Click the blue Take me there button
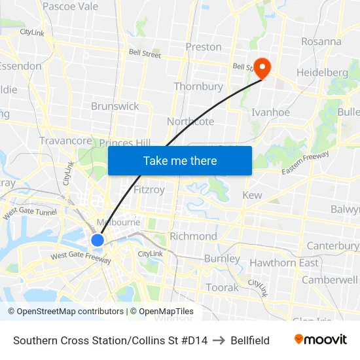click(180, 160)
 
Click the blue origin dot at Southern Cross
click(98, 240)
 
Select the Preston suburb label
click(204, 47)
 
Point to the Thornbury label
click(198, 86)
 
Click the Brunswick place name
click(115, 106)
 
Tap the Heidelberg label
click(322, 72)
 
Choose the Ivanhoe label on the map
click(270, 113)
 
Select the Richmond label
click(193, 236)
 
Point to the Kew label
click(252, 195)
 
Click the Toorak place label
click(223, 287)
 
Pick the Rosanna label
click(321, 41)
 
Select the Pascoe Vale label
click(70, 7)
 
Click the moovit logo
click(321, 340)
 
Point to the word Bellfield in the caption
click(250, 340)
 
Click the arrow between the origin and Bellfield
click(219, 340)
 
